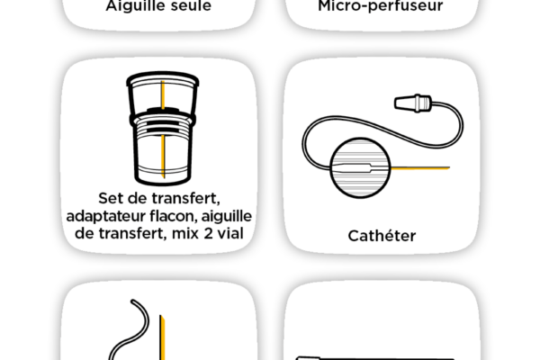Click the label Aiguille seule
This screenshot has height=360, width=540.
coord(158,6)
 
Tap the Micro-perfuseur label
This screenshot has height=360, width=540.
coord(381,6)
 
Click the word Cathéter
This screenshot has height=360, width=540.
coord(382,236)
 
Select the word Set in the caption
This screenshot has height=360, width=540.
coord(110,198)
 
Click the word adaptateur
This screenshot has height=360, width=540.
coord(105,216)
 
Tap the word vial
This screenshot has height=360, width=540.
coord(230,233)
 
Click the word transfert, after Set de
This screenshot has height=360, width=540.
coord(185,199)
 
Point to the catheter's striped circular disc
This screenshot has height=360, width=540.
coord(360,167)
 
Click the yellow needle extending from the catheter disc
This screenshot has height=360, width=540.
coord(420,168)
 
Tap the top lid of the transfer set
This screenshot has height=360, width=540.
coord(163,79)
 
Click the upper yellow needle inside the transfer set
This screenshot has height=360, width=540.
coord(163,94)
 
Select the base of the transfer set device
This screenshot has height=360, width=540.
coord(163,175)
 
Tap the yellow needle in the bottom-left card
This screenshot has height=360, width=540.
coord(162,337)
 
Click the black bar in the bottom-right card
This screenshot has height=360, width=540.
coord(375,358)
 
